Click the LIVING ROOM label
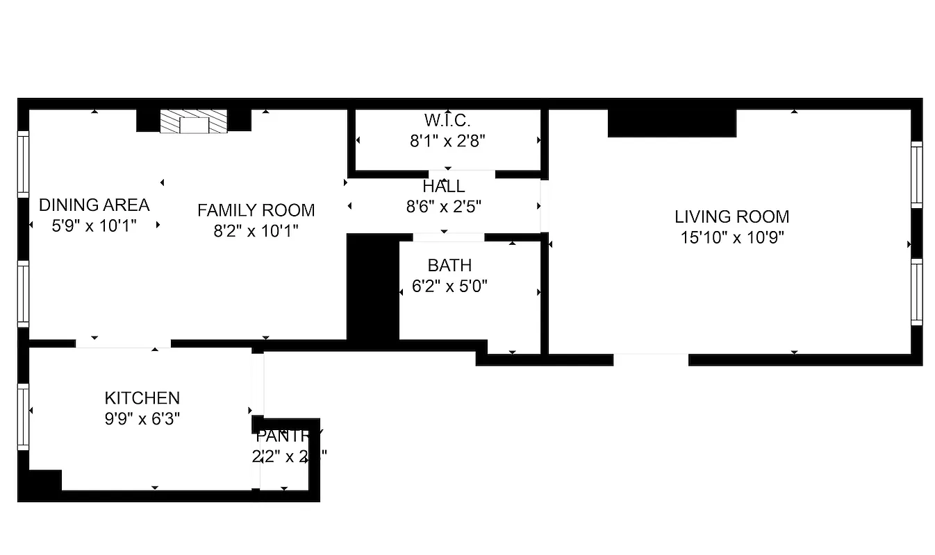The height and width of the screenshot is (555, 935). pyautogui.click(x=731, y=216)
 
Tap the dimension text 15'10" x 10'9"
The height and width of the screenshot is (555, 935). pyautogui.click(x=732, y=237)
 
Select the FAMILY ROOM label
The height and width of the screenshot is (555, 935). pyautogui.click(x=256, y=210)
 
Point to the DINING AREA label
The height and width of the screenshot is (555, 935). pyautogui.click(x=94, y=205)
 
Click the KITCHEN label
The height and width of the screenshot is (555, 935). pyautogui.click(x=142, y=398)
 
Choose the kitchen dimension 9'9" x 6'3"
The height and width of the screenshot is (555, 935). pyautogui.click(x=142, y=418)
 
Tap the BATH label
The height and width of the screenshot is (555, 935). pyautogui.click(x=449, y=266)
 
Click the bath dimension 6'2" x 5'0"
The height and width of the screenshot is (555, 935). pyautogui.click(x=449, y=286)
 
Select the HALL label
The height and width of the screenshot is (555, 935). pyautogui.click(x=443, y=187)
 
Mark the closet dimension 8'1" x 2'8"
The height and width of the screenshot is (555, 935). pyautogui.click(x=447, y=141)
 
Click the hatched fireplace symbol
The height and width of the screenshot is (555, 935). pyautogui.click(x=194, y=122)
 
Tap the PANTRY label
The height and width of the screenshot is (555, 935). pyautogui.click(x=289, y=436)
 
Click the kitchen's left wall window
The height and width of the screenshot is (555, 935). pyautogui.click(x=24, y=417)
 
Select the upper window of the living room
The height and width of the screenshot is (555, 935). pyautogui.click(x=916, y=174)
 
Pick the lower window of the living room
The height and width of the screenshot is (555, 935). pyautogui.click(x=916, y=292)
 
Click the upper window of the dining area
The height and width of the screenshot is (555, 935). pyautogui.click(x=24, y=164)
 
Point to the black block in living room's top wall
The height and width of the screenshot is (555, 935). pyautogui.click(x=671, y=123)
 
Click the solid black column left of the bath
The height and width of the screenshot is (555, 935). pyautogui.click(x=373, y=287)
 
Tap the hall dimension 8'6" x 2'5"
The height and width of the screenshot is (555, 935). pyautogui.click(x=443, y=206)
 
